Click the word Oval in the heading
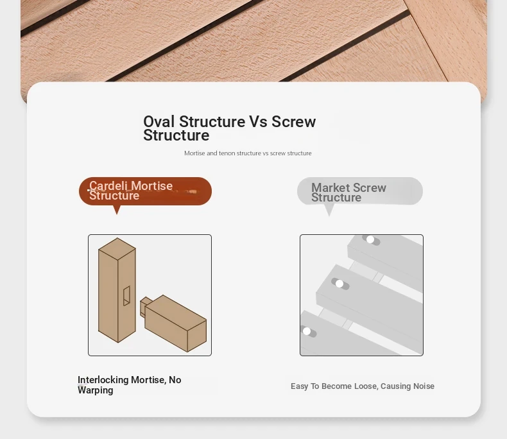click(x=159, y=121)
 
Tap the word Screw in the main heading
click(x=293, y=121)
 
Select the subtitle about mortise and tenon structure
click(x=248, y=153)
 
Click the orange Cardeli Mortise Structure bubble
click(x=145, y=191)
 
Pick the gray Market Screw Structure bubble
click(x=360, y=191)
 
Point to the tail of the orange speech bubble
click(x=117, y=209)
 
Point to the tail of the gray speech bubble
click(x=329, y=210)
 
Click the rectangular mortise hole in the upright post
click(x=126, y=295)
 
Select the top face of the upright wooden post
click(x=117, y=248)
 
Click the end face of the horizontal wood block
click(x=197, y=336)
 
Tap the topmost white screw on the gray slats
click(x=370, y=239)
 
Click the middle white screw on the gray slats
click(x=339, y=284)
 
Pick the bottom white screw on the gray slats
click(x=307, y=331)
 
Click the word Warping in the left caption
click(x=96, y=390)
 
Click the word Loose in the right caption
click(x=366, y=386)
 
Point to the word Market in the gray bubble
click(x=331, y=187)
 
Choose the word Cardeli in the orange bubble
click(x=108, y=185)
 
